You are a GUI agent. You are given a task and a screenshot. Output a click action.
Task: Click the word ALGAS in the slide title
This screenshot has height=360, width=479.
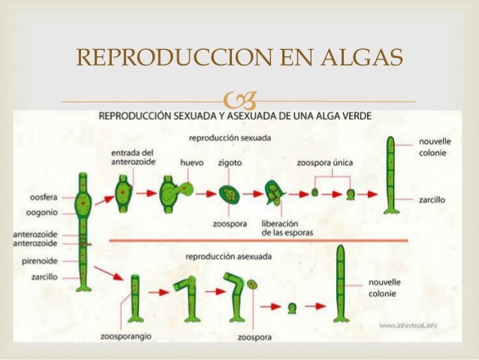(x=361, y=57)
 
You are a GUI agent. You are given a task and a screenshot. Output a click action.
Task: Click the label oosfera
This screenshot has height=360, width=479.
(x=44, y=198)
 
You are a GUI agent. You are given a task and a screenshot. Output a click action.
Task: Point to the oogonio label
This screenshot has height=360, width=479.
(x=42, y=213)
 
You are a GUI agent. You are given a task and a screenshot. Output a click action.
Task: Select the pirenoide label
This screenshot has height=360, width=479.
(x=40, y=262)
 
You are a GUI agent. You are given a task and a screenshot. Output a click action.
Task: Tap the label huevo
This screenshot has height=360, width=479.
(x=192, y=163)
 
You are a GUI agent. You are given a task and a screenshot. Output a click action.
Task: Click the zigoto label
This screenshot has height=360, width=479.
(x=230, y=163)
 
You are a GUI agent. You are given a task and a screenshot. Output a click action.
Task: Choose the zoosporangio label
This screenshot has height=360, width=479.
(x=126, y=337)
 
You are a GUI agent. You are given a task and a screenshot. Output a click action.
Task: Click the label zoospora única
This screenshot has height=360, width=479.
(x=325, y=163)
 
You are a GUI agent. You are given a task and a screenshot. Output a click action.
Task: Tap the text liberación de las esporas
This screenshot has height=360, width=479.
(x=288, y=228)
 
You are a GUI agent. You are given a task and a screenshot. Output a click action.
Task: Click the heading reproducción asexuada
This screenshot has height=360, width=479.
(x=228, y=256)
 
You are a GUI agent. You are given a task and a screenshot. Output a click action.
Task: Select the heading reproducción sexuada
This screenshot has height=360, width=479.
(x=230, y=138)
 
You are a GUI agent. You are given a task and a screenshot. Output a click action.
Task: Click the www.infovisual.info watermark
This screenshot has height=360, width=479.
(x=408, y=325)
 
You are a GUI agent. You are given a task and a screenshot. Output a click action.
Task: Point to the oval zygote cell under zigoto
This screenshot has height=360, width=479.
(x=230, y=194)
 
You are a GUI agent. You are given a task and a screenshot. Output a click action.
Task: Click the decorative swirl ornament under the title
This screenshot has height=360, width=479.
(x=240, y=100)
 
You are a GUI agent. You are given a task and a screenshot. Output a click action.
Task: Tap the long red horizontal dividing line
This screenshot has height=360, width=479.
(x=258, y=241)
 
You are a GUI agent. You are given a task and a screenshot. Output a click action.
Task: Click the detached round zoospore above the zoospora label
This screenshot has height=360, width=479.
(x=252, y=284)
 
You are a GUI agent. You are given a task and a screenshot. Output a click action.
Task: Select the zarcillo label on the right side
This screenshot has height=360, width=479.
(x=432, y=200)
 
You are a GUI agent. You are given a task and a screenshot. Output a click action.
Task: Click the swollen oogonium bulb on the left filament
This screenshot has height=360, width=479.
(x=83, y=203)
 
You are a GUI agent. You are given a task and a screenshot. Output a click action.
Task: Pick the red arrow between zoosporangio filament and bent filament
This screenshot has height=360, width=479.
(x=159, y=292)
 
